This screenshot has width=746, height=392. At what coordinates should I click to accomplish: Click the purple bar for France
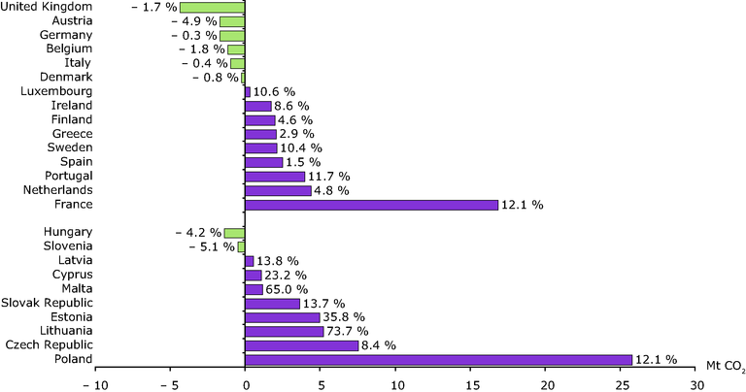[x=372, y=205]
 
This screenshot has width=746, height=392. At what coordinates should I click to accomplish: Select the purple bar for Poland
[x=439, y=359]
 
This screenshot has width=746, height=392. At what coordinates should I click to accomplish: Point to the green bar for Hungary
[x=235, y=233]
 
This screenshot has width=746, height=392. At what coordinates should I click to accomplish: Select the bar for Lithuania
[x=285, y=331]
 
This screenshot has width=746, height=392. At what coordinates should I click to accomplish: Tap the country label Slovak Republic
[x=47, y=303]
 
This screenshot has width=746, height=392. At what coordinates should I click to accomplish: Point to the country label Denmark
[x=66, y=77]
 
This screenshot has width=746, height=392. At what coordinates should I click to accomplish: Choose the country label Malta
[x=76, y=289]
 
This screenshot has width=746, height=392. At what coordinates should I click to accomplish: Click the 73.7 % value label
[x=350, y=331]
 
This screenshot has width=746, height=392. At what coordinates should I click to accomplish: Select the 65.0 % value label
[x=287, y=289]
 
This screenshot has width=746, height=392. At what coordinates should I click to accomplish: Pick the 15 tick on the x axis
[x=471, y=384]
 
